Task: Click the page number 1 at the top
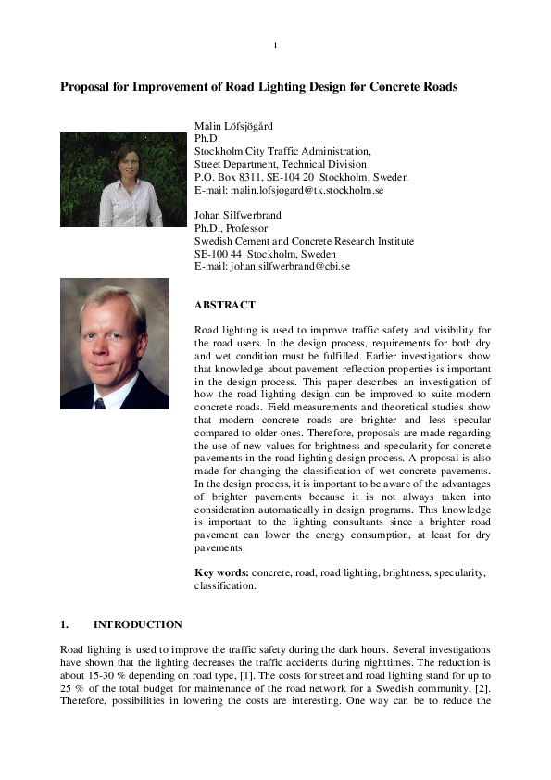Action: click(x=275, y=45)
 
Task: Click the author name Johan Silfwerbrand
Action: click(x=238, y=215)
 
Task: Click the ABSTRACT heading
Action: click(x=225, y=305)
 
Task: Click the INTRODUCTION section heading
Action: click(x=138, y=624)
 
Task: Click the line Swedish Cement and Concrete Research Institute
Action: click(x=304, y=241)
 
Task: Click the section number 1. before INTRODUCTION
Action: click(x=65, y=624)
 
